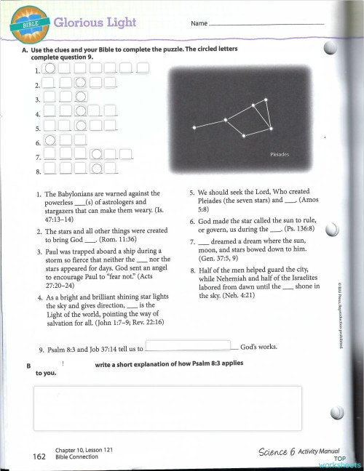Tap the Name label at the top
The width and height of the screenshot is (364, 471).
click(199, 24)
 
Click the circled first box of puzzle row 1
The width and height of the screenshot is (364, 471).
click(50, 69)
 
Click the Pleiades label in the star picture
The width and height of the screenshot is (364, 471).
click(280, 155)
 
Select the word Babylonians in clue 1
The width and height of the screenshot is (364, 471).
click(76, 196)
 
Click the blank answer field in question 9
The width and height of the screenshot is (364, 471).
click(192, 346)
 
